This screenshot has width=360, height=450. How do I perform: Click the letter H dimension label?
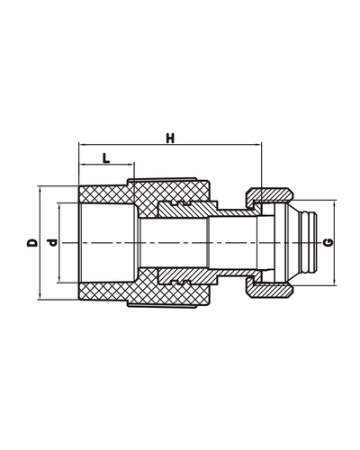point(169,137)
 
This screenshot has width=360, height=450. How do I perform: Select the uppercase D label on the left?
point(31,243)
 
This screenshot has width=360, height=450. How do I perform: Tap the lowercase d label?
point(51,243)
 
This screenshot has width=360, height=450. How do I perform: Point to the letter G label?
point(328,243)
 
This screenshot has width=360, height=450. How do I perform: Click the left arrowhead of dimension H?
point(82,144)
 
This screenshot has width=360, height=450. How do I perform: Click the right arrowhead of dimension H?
point(257,144)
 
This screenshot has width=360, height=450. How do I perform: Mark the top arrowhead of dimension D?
point(40,189)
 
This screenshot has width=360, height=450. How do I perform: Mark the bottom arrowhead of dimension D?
point(40,298)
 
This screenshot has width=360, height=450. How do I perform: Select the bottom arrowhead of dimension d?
point(59,283)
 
